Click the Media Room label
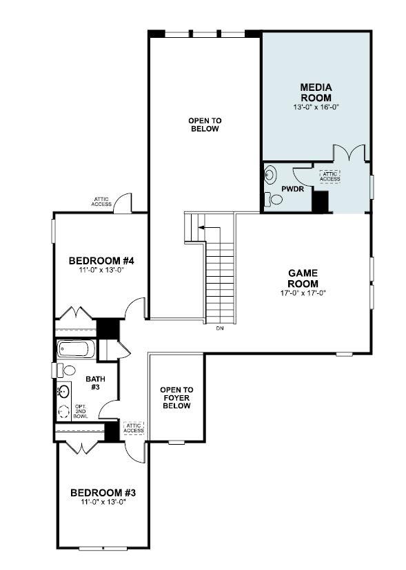(x=316, y=92)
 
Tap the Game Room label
(x=303, y=278)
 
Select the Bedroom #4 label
(x=101, y=261)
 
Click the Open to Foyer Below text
(x=176, y=398)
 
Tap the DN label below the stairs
(x=220, y=328)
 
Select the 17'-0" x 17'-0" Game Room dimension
(x=303, y=293)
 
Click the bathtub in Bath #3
(x=75, y=350)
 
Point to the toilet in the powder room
(x=274, y=200)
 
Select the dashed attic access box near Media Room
(x=329, y=176)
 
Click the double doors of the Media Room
(x=351, y=153)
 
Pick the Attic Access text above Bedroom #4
(x=101, y=202)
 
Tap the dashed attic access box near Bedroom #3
(x=133, y=428)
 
